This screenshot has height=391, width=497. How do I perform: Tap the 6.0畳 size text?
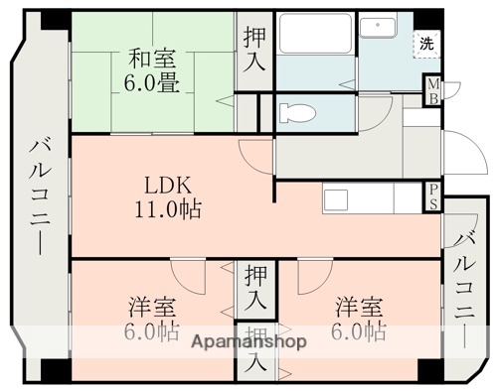coord(153,83)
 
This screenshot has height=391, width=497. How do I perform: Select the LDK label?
coord(163,185)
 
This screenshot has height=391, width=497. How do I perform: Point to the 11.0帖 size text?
coord(163,209)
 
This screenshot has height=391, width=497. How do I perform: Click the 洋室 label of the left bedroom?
coord(152,305)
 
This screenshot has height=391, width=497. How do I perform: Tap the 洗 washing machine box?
coord(425,45)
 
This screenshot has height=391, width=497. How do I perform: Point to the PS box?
coord(432,195)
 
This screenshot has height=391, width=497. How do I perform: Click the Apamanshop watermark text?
coord(248,340)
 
